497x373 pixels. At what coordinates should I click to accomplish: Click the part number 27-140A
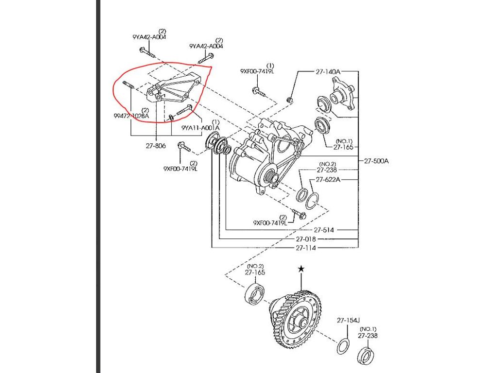(x=328, y=71)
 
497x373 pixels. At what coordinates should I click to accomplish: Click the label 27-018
(x=306, y=239)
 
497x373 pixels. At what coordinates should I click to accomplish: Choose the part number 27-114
(x=306, y=248)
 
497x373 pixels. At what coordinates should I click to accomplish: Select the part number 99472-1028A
(x=131, y=116)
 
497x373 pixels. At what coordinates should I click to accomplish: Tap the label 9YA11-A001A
(x=200, y=128)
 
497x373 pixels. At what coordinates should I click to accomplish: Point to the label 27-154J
(x=348, y=321)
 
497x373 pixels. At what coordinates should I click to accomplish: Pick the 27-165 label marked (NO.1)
(x=344, y=147)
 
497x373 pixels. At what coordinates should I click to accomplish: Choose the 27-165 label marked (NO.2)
(x=255, y=273)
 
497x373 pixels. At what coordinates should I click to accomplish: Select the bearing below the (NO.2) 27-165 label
(x=254, y=295)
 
